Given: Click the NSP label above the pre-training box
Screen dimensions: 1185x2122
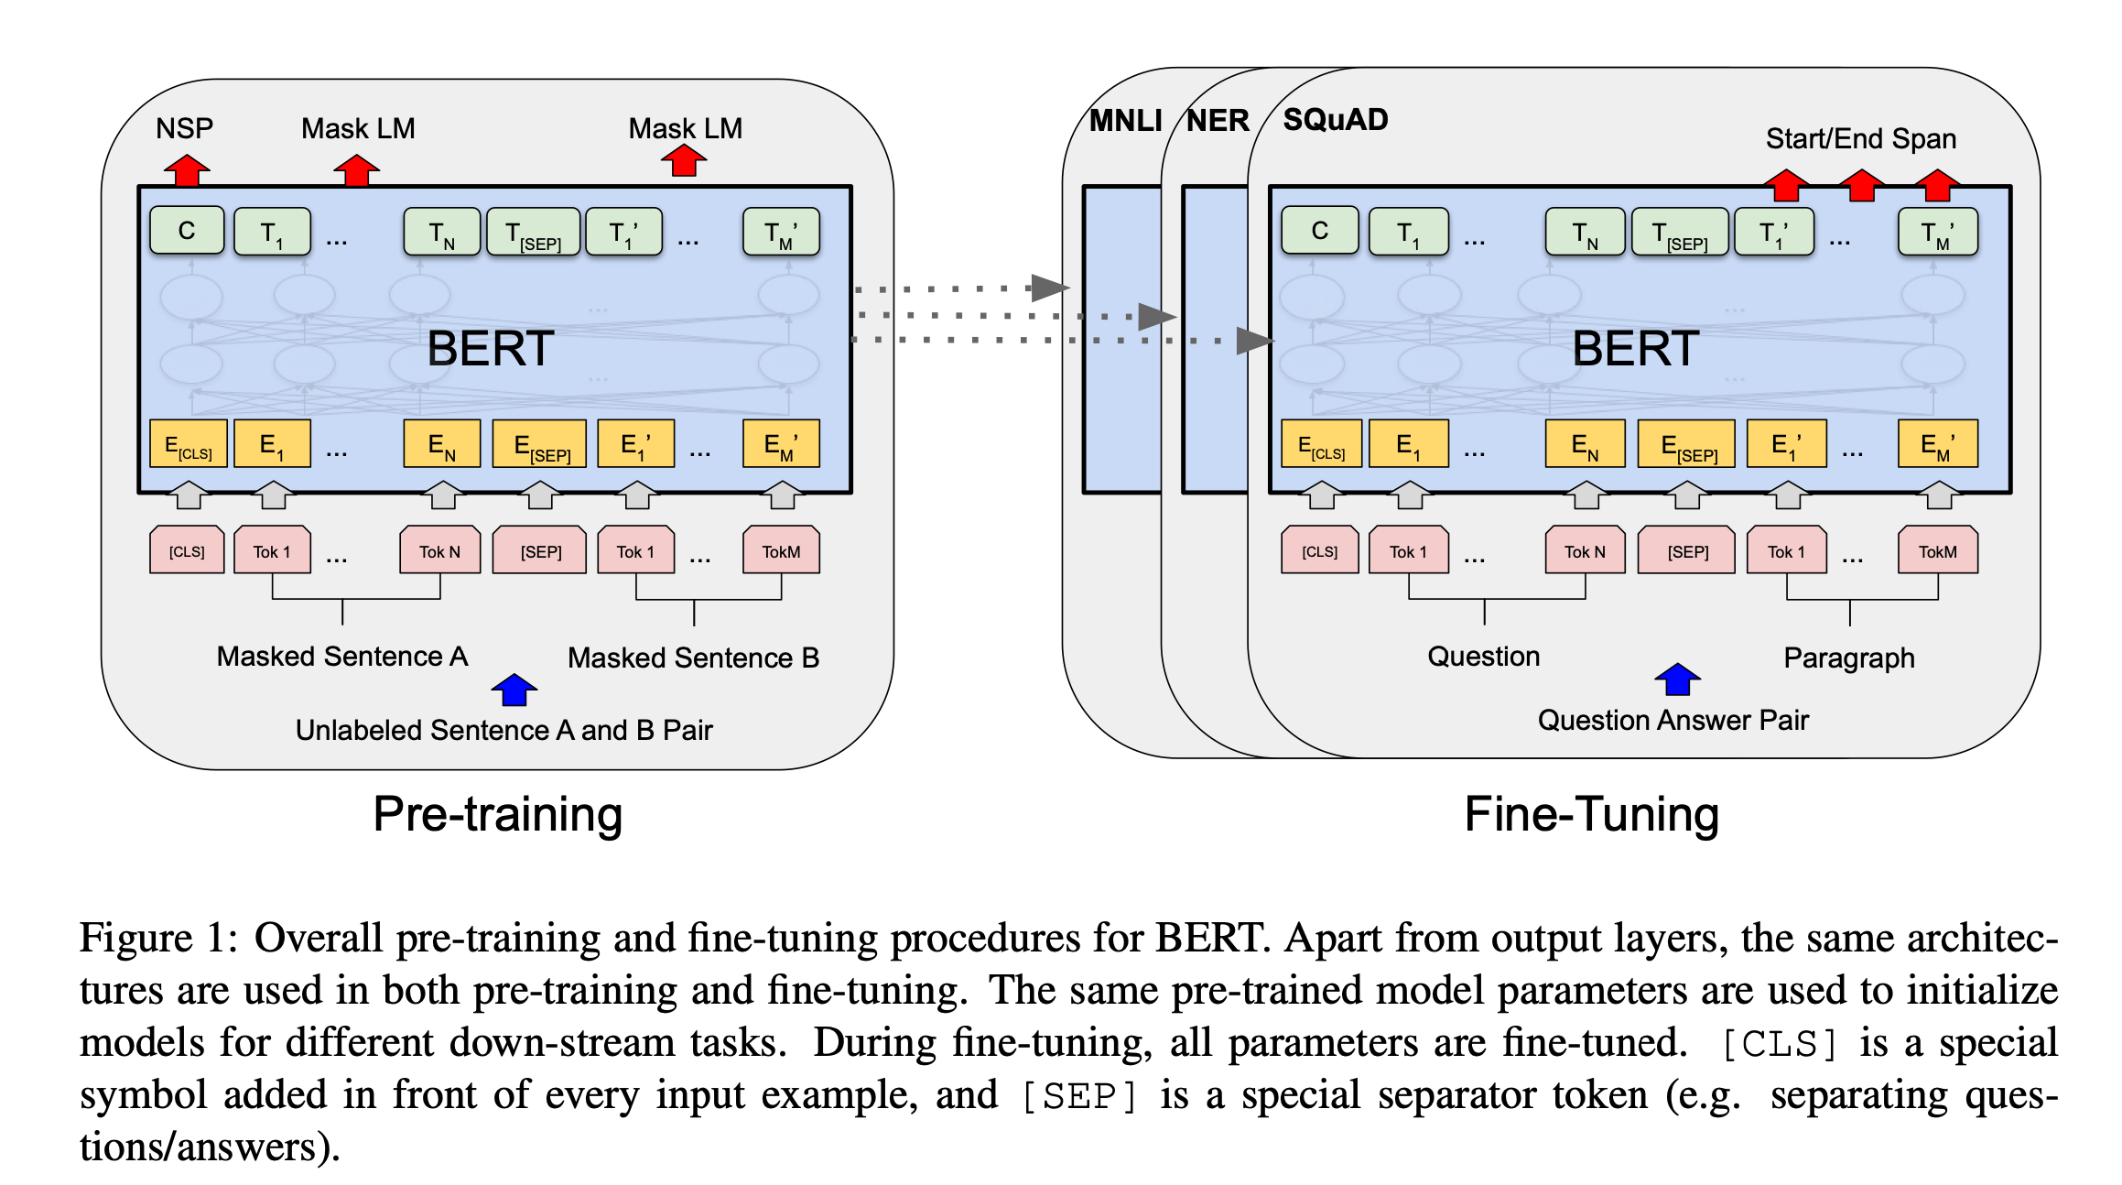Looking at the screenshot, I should click(184, 128).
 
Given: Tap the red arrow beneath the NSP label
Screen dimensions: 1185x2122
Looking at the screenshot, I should click(187, 170).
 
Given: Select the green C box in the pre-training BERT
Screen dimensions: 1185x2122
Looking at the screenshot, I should click(187, 231).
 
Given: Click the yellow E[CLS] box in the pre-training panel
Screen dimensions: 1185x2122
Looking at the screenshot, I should click(188, 445).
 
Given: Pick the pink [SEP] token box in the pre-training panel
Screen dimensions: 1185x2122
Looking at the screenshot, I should click(540, 551).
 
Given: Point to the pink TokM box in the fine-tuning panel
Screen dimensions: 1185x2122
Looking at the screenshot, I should click(1937, 551).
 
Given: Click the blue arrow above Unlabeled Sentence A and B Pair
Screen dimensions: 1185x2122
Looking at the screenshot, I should click(514, 690).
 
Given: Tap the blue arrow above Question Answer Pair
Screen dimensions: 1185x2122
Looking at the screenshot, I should click(1677, 679).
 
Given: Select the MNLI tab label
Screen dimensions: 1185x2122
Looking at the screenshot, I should click(1125, 121).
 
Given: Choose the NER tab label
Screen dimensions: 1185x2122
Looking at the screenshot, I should click(1218, 121).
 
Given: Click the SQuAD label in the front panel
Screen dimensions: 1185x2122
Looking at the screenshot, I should click(1335, 120).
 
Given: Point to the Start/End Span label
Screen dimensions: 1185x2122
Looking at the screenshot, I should click(1860, 139).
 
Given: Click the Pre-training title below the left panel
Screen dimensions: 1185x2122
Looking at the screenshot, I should click(498, 814).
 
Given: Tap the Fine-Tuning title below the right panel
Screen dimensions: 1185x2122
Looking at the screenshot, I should click(1591, 814).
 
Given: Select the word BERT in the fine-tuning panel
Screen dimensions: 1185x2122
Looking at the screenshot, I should click(1635, 349).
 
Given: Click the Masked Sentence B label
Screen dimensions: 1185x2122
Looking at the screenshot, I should click(693, 658).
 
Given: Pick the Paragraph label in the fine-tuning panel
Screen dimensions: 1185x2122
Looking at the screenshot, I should click(1848, 658).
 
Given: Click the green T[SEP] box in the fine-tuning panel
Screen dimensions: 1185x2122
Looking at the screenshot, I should click(1682, 233).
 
